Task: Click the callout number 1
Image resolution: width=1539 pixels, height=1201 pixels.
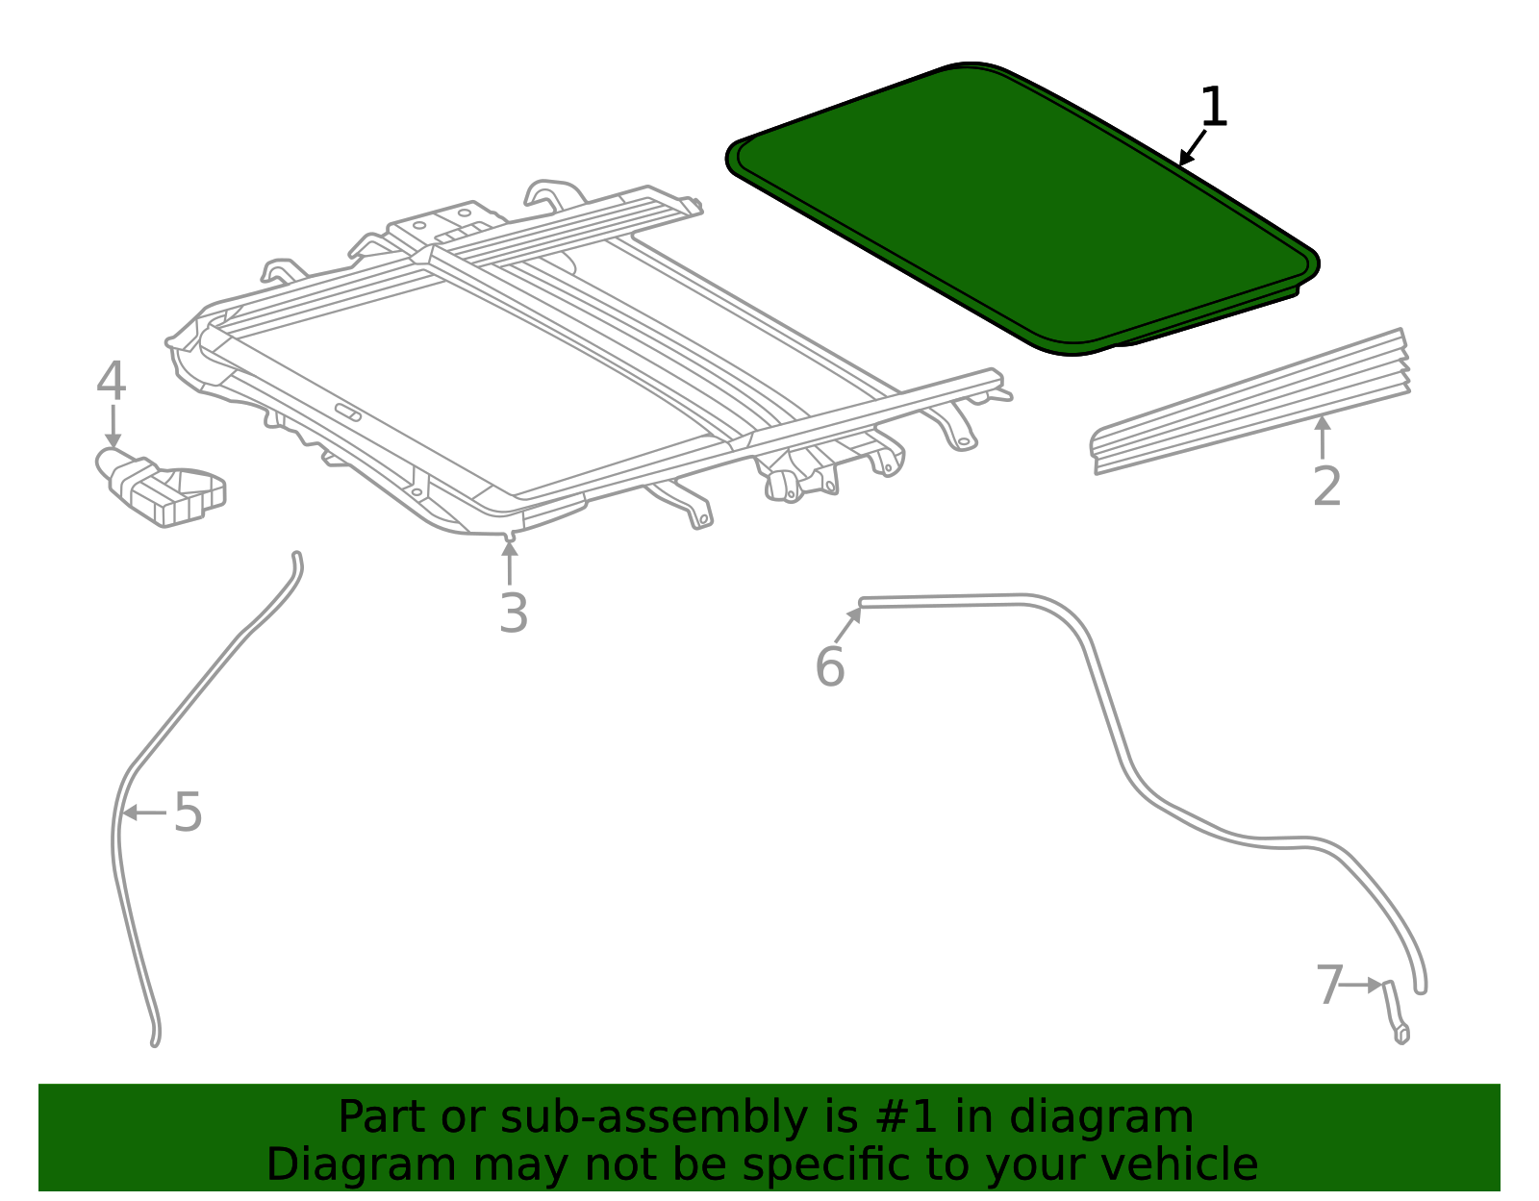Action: [1214, 107]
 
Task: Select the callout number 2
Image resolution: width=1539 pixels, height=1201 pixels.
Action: [1326, 487]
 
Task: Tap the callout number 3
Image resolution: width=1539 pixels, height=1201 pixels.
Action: [514, 613]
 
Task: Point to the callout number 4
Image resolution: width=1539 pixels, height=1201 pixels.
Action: [111, 382]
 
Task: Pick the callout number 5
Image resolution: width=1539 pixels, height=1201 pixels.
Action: [188, 813]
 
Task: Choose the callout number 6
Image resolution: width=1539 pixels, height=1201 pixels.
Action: [829, 666]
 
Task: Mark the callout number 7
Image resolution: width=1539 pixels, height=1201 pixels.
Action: [1328, 986]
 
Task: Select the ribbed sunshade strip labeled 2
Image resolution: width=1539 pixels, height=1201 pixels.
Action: [1250, 402]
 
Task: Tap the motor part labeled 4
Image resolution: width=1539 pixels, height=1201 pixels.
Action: [164, 488]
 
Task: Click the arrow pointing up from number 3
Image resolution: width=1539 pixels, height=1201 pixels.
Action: [510, 562]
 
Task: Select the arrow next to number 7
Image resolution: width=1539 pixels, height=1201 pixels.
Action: [1362, 985]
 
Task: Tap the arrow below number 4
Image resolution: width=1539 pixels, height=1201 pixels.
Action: [113, 426]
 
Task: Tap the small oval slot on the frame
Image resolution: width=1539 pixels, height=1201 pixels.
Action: [348, 413]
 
